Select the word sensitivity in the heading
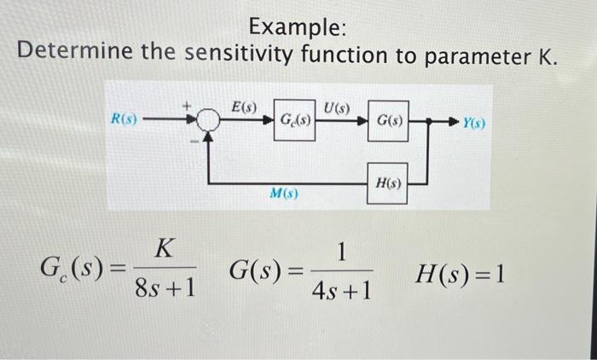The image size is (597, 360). tap(226, 57)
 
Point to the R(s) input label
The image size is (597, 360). tap(125, 119)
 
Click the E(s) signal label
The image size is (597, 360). tap(244, 107)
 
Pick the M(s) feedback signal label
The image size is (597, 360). tap(282, 193)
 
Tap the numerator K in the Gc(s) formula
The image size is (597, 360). tap(165, 249)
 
